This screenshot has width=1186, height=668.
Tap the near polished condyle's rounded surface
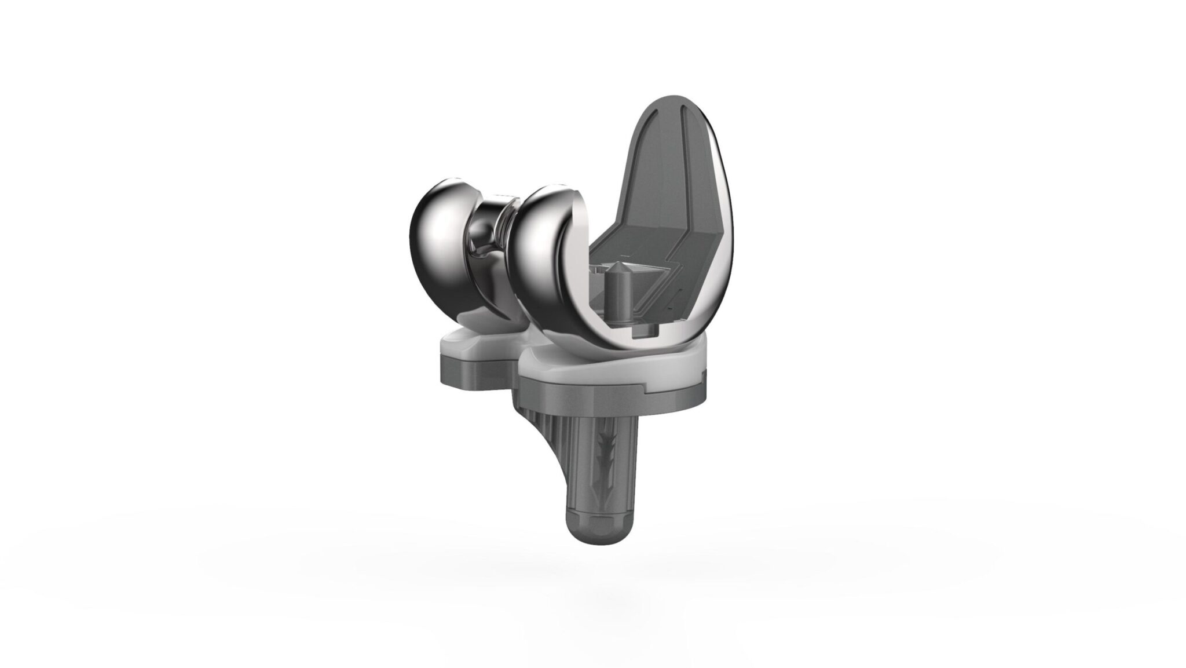pyautogui.click(x=541, y=255)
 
